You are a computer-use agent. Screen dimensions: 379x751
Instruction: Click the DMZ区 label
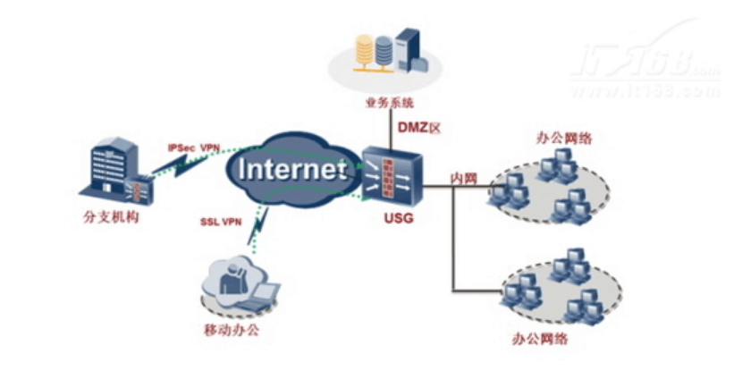(419, 128)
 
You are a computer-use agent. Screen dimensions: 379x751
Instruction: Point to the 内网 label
(463, 179)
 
